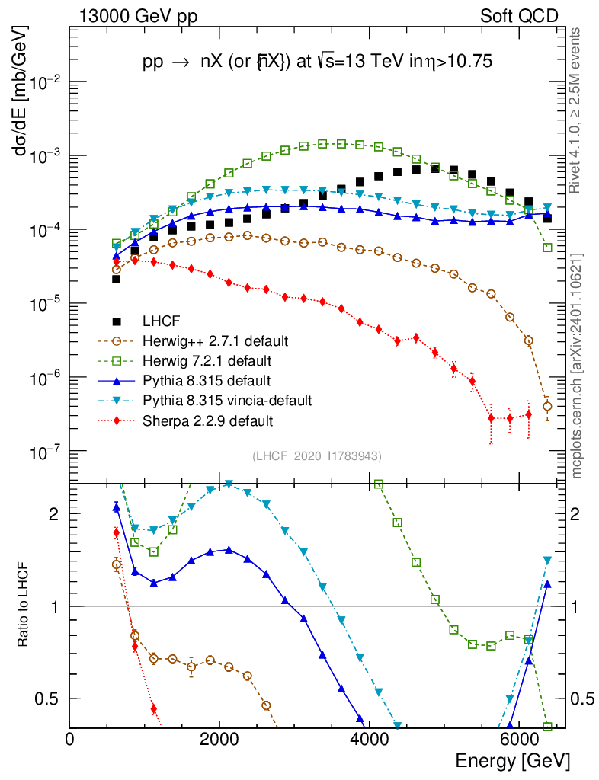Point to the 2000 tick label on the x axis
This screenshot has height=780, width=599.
click(x=219, y=739)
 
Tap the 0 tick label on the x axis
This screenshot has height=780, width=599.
click(x=70, y=739)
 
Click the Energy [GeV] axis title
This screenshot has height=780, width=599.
click(x=511, y=761)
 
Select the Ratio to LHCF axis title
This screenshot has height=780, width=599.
click(x=25, y=606)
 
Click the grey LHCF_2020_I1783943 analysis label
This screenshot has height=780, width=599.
click(x=317, y=456)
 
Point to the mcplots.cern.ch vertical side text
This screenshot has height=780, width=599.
click(x=576, y=366)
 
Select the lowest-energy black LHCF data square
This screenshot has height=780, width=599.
click(x=117, y=279)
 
